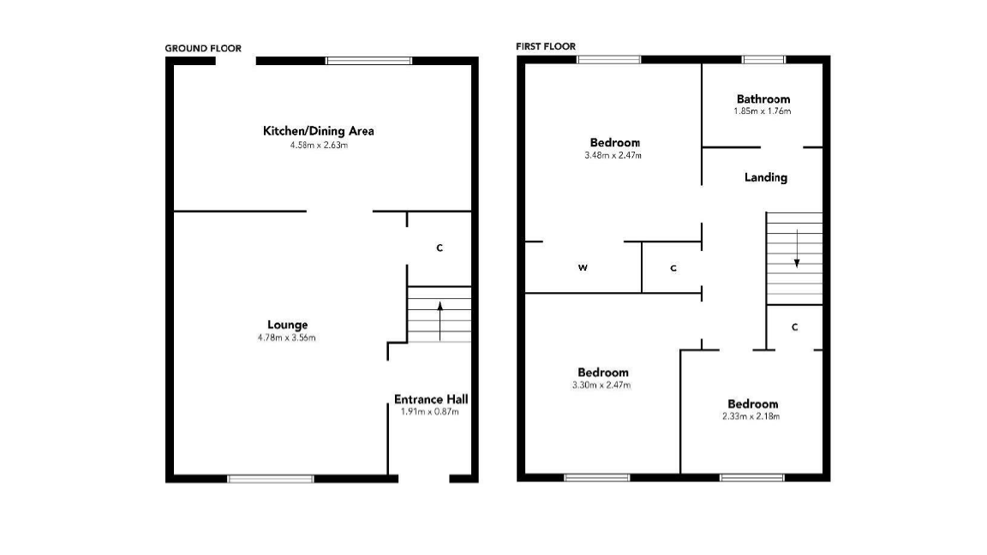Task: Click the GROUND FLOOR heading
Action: click(x=203, y=49)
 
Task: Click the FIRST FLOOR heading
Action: click(x=546, y=46)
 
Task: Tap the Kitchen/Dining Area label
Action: click(x=318, y=131)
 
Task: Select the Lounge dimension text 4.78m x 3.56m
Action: click(x=288, y=337)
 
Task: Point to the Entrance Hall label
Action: click(x=431, y=399)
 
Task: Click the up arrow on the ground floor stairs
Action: click(x=440, y=319)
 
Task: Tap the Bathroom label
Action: click(x=763, y=99)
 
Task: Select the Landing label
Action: click(x=765, y=177)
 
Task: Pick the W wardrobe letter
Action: click(x=583, y=268)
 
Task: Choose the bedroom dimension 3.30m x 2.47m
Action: click(x=602, y=385)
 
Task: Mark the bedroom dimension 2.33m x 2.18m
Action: click(x=751, y=417)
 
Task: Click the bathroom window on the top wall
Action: click(x=763, y=59)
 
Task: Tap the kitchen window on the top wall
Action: click(x=368, y=61)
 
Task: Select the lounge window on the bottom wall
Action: click(x=270, y=478)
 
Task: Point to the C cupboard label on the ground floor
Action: click(x=440, y=248)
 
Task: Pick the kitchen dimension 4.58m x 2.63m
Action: click(x=319, y=146)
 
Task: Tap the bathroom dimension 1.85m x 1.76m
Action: click(x=762, y=111)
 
